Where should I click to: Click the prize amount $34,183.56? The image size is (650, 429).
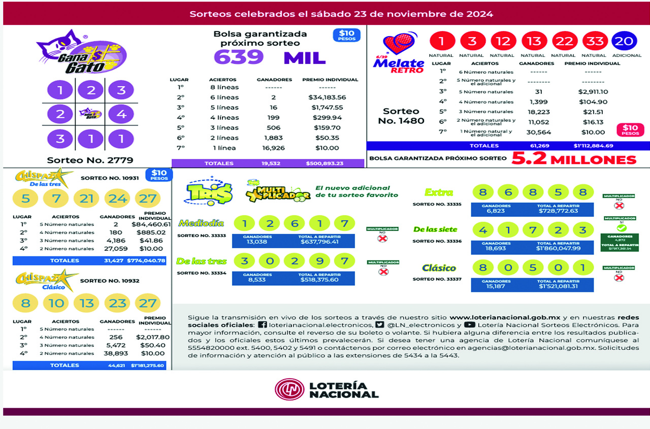coord(327,97)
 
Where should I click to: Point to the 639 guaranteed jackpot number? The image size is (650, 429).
coord(239,57)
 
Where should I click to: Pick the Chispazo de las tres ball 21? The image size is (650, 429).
coord(87,199)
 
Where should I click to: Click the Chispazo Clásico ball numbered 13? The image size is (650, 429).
coord(87,304)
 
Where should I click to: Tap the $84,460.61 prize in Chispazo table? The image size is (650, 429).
coord(151,224)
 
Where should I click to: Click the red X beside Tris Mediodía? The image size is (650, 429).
coord(382,238)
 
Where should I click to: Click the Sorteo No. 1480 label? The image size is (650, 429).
coord(401,116)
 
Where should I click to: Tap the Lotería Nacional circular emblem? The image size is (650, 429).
coord(289,389)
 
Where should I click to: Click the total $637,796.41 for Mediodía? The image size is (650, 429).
coord(319,242)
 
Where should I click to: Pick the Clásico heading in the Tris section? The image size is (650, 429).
coord(439,268)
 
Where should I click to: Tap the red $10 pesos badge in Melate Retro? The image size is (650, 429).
coord(630,130)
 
